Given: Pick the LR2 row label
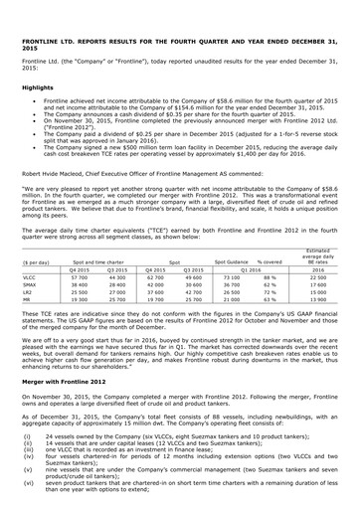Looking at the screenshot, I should pyautogui.click(x=28, y=300).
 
